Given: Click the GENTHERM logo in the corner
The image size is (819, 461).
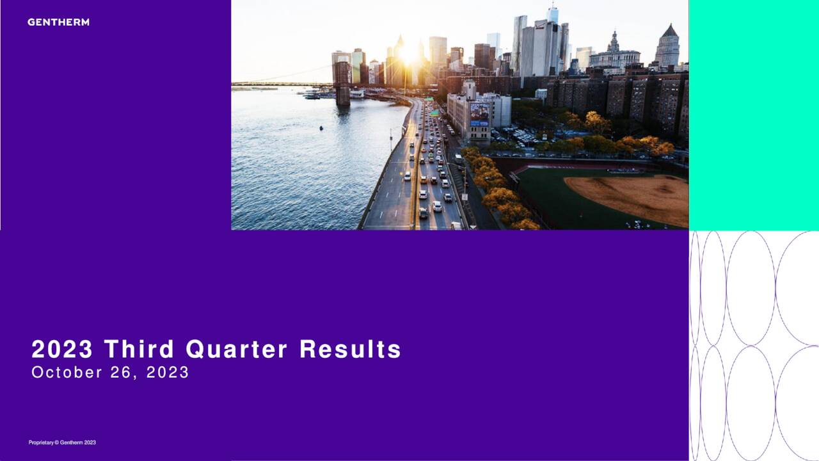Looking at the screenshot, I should pyautogui.click(x=58, y=22).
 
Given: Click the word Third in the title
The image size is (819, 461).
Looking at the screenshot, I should pyautogui.click(x=139, y=350).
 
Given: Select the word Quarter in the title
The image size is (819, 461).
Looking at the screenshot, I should pyautogui.click(x=236, y=350).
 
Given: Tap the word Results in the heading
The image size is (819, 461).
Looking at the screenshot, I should pyautogui.click(x=350, y=350).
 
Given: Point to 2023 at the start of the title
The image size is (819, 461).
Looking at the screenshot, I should pyautogui.click(x=62, y=350).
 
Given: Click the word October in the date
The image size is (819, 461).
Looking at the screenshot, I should pyautogui.click(x=67, y=373).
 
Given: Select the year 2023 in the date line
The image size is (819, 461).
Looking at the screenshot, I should pyautogui.click(x=168, y=373).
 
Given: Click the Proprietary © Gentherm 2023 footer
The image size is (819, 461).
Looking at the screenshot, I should pyautogui.click(x=62, y=442).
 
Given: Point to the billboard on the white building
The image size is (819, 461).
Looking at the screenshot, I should pyautogui.click(x=479, y=114).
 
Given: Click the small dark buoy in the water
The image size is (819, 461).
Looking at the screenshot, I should pyautogui.click(x=321, y=127).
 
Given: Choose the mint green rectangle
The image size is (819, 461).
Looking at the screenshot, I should pyautogui.click(x=754, y=115).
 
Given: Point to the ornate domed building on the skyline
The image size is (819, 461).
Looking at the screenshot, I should pyautogui.click(x=614, y=51).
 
